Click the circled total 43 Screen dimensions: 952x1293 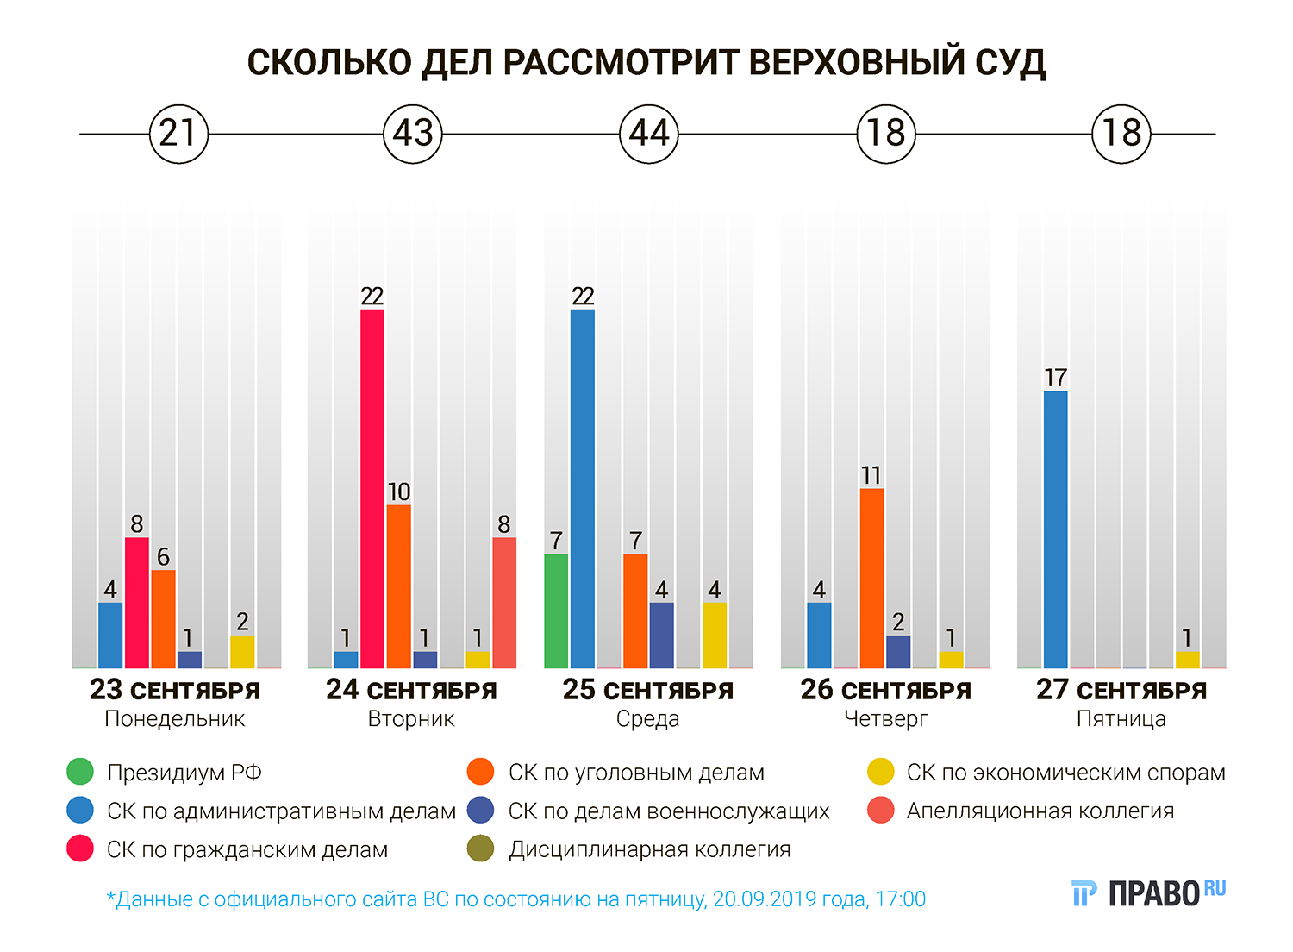(x=412, y=134)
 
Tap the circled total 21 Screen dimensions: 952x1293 (x=178, y=134)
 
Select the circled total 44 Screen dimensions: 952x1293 (x=649, y=134)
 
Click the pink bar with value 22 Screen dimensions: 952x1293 (x=372, y=488)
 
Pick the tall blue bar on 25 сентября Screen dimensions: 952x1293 (x=583, y=488)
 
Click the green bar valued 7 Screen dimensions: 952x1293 (x=556, y=611)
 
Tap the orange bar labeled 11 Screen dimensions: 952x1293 (x=871, y=578)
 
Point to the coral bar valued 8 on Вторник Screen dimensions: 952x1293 (x=504, y=603)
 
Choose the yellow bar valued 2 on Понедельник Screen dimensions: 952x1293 (x=242, y=652)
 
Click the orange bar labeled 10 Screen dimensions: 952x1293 (x=398, y=586)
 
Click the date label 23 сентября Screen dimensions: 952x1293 (x=175, y=691)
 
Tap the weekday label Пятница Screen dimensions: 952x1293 (x=1121, y=719)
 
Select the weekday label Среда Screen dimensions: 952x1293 (x=648, y=719)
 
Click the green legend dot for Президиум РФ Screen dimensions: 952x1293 (x=80, y=772)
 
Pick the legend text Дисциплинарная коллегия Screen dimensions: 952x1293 (x=649, y=849)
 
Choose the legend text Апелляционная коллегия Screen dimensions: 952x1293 (x=1040, y=811)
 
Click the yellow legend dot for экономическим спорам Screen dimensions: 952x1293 (x=881, y=772)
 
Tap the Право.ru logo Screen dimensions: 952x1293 (x=1148, y=893)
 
